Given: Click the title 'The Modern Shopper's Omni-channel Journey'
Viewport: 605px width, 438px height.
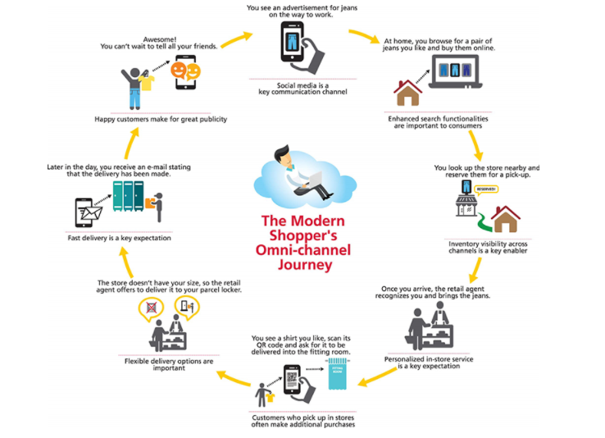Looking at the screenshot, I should tap(303, 243).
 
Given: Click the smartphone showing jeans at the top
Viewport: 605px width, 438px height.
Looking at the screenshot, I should tap(292, 41).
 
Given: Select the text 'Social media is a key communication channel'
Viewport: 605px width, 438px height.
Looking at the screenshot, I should tap(302, 88).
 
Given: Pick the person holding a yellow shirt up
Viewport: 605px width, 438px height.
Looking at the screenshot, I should tap(135, 86).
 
